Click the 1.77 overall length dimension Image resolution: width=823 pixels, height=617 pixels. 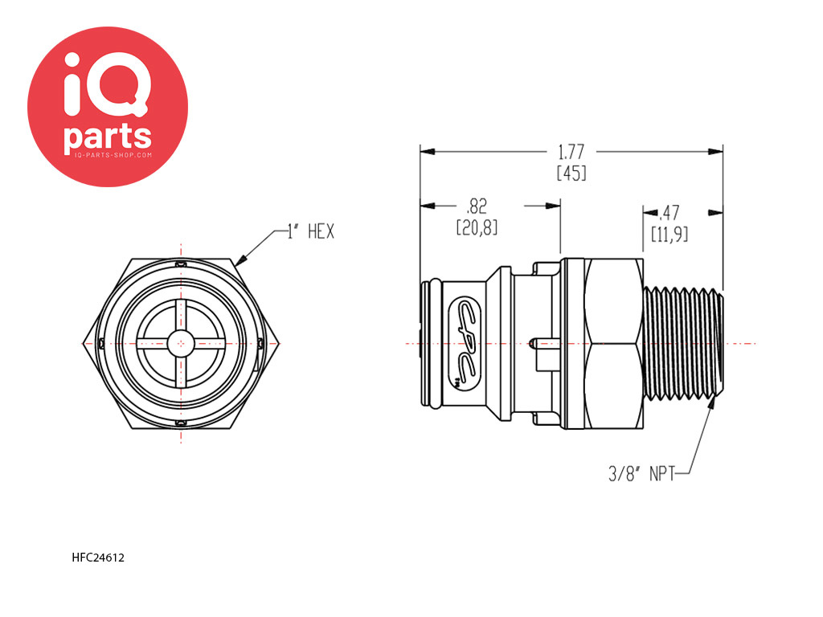click(571, 151)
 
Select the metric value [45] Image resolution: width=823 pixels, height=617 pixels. click(571, 172)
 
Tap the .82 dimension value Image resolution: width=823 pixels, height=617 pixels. click(477, 206)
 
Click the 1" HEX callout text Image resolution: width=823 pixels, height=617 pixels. click(310, 233)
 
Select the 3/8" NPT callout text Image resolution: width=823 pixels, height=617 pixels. click(640, 474)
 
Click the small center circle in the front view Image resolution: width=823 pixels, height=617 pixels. click(182, 343)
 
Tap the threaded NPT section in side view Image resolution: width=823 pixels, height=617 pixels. click(683, 343)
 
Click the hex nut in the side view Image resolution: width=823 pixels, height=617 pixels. click(616, 343)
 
